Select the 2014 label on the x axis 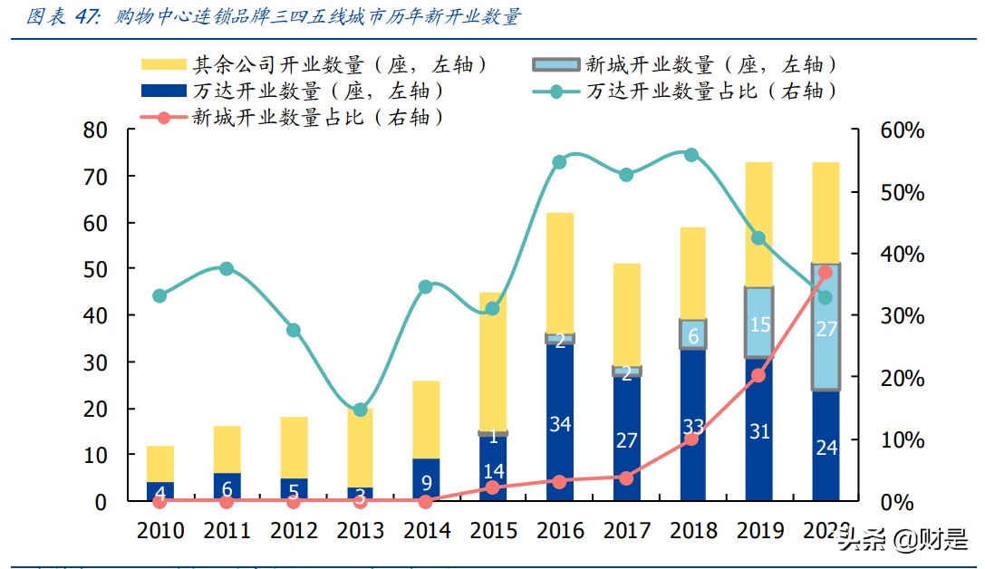[426, 531]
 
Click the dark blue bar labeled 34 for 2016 [559, 422]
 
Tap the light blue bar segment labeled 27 [826, 327]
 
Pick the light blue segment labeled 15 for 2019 [759, 323]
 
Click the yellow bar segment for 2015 [493, 362]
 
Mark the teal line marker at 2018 [691, 155]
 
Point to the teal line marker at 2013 [360, 410]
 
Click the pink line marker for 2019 [758, 375]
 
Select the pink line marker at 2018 [691, 439]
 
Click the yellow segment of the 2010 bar [160, 463]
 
